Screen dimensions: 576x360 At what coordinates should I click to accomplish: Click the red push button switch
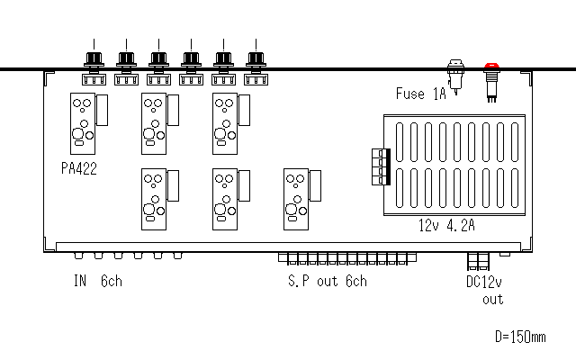click(491, 82)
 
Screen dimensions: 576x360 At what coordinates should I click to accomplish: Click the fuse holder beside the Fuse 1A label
click(455, 77)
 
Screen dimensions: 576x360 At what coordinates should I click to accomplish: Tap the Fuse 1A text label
click(421, 94)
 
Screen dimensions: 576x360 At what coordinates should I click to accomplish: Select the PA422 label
click(79, 168)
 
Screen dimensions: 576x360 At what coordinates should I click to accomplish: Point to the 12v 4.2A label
click(446, 225)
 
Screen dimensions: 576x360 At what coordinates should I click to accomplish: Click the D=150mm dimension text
click(520, 337)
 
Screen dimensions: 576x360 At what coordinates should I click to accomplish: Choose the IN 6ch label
click(98, 281)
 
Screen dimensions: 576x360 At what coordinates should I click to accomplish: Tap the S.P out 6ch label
click(328, 281)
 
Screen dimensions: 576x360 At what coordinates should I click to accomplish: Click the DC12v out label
click(484, 290)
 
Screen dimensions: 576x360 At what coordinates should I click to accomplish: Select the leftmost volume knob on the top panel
click(94, 58)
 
